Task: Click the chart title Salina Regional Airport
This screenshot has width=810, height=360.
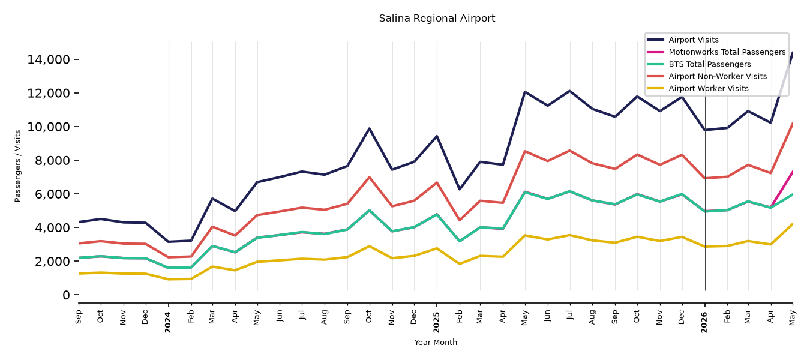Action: click(x=437, y=18)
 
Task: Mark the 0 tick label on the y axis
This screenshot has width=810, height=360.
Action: click(x=66, y=295)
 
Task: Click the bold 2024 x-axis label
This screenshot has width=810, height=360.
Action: click(x=168, y=322)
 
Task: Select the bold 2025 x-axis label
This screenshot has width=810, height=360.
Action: click(x=436, y=322)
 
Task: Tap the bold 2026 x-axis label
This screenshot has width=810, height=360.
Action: click(x=704, y=322)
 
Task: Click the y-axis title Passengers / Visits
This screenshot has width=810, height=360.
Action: click(x=18, y=166)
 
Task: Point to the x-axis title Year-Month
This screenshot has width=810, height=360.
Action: click(x=436, y=342)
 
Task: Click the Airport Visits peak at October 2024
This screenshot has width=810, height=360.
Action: click(x=369, y=128)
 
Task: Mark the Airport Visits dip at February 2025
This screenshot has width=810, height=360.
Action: click(x=459, y=189)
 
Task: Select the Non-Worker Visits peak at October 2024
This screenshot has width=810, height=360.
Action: click(x=369, y=177)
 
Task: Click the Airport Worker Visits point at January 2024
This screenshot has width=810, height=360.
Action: click(x=169, y=279)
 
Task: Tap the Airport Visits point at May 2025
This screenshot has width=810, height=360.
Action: click(x=524, y=92)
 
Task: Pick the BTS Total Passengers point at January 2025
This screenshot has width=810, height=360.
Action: click(x=437, y=214)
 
